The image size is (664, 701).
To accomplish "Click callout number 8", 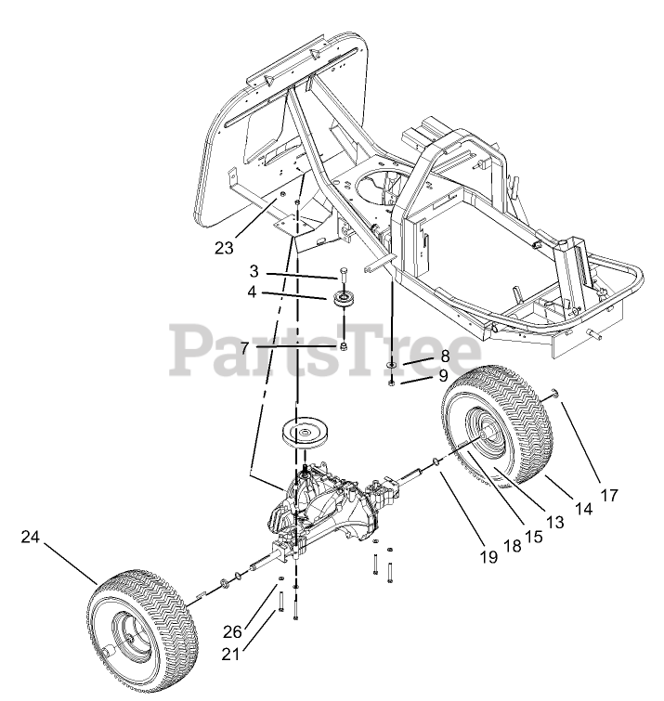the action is coord(445,356).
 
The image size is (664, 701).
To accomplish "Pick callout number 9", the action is coord(444,376).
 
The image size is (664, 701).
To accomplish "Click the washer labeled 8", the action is coord(393,365).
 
